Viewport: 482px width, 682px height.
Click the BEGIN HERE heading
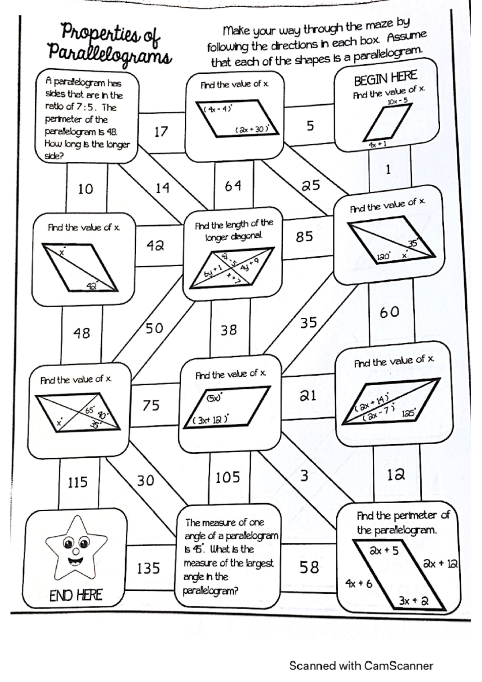point(385,78)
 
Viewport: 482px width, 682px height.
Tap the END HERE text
point(76,595)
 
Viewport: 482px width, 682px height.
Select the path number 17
point(161,132)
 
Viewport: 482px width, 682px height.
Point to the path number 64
point(233,186)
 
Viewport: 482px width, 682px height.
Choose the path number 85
point(304,237)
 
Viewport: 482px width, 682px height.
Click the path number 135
point(148,568)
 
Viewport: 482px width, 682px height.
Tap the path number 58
point(309,567)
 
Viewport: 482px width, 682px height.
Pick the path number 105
point(228,478)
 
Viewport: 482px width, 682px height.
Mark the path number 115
point(78,482)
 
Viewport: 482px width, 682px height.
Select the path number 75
point(151,405)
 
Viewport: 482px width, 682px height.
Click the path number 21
point(308,396)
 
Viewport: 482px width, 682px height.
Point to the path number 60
point(389,312)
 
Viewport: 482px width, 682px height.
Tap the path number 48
point(82,333)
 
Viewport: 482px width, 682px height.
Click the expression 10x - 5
point(398,101)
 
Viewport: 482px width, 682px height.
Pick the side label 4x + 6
point(359,583)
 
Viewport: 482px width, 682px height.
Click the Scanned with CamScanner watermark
point(361,666)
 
